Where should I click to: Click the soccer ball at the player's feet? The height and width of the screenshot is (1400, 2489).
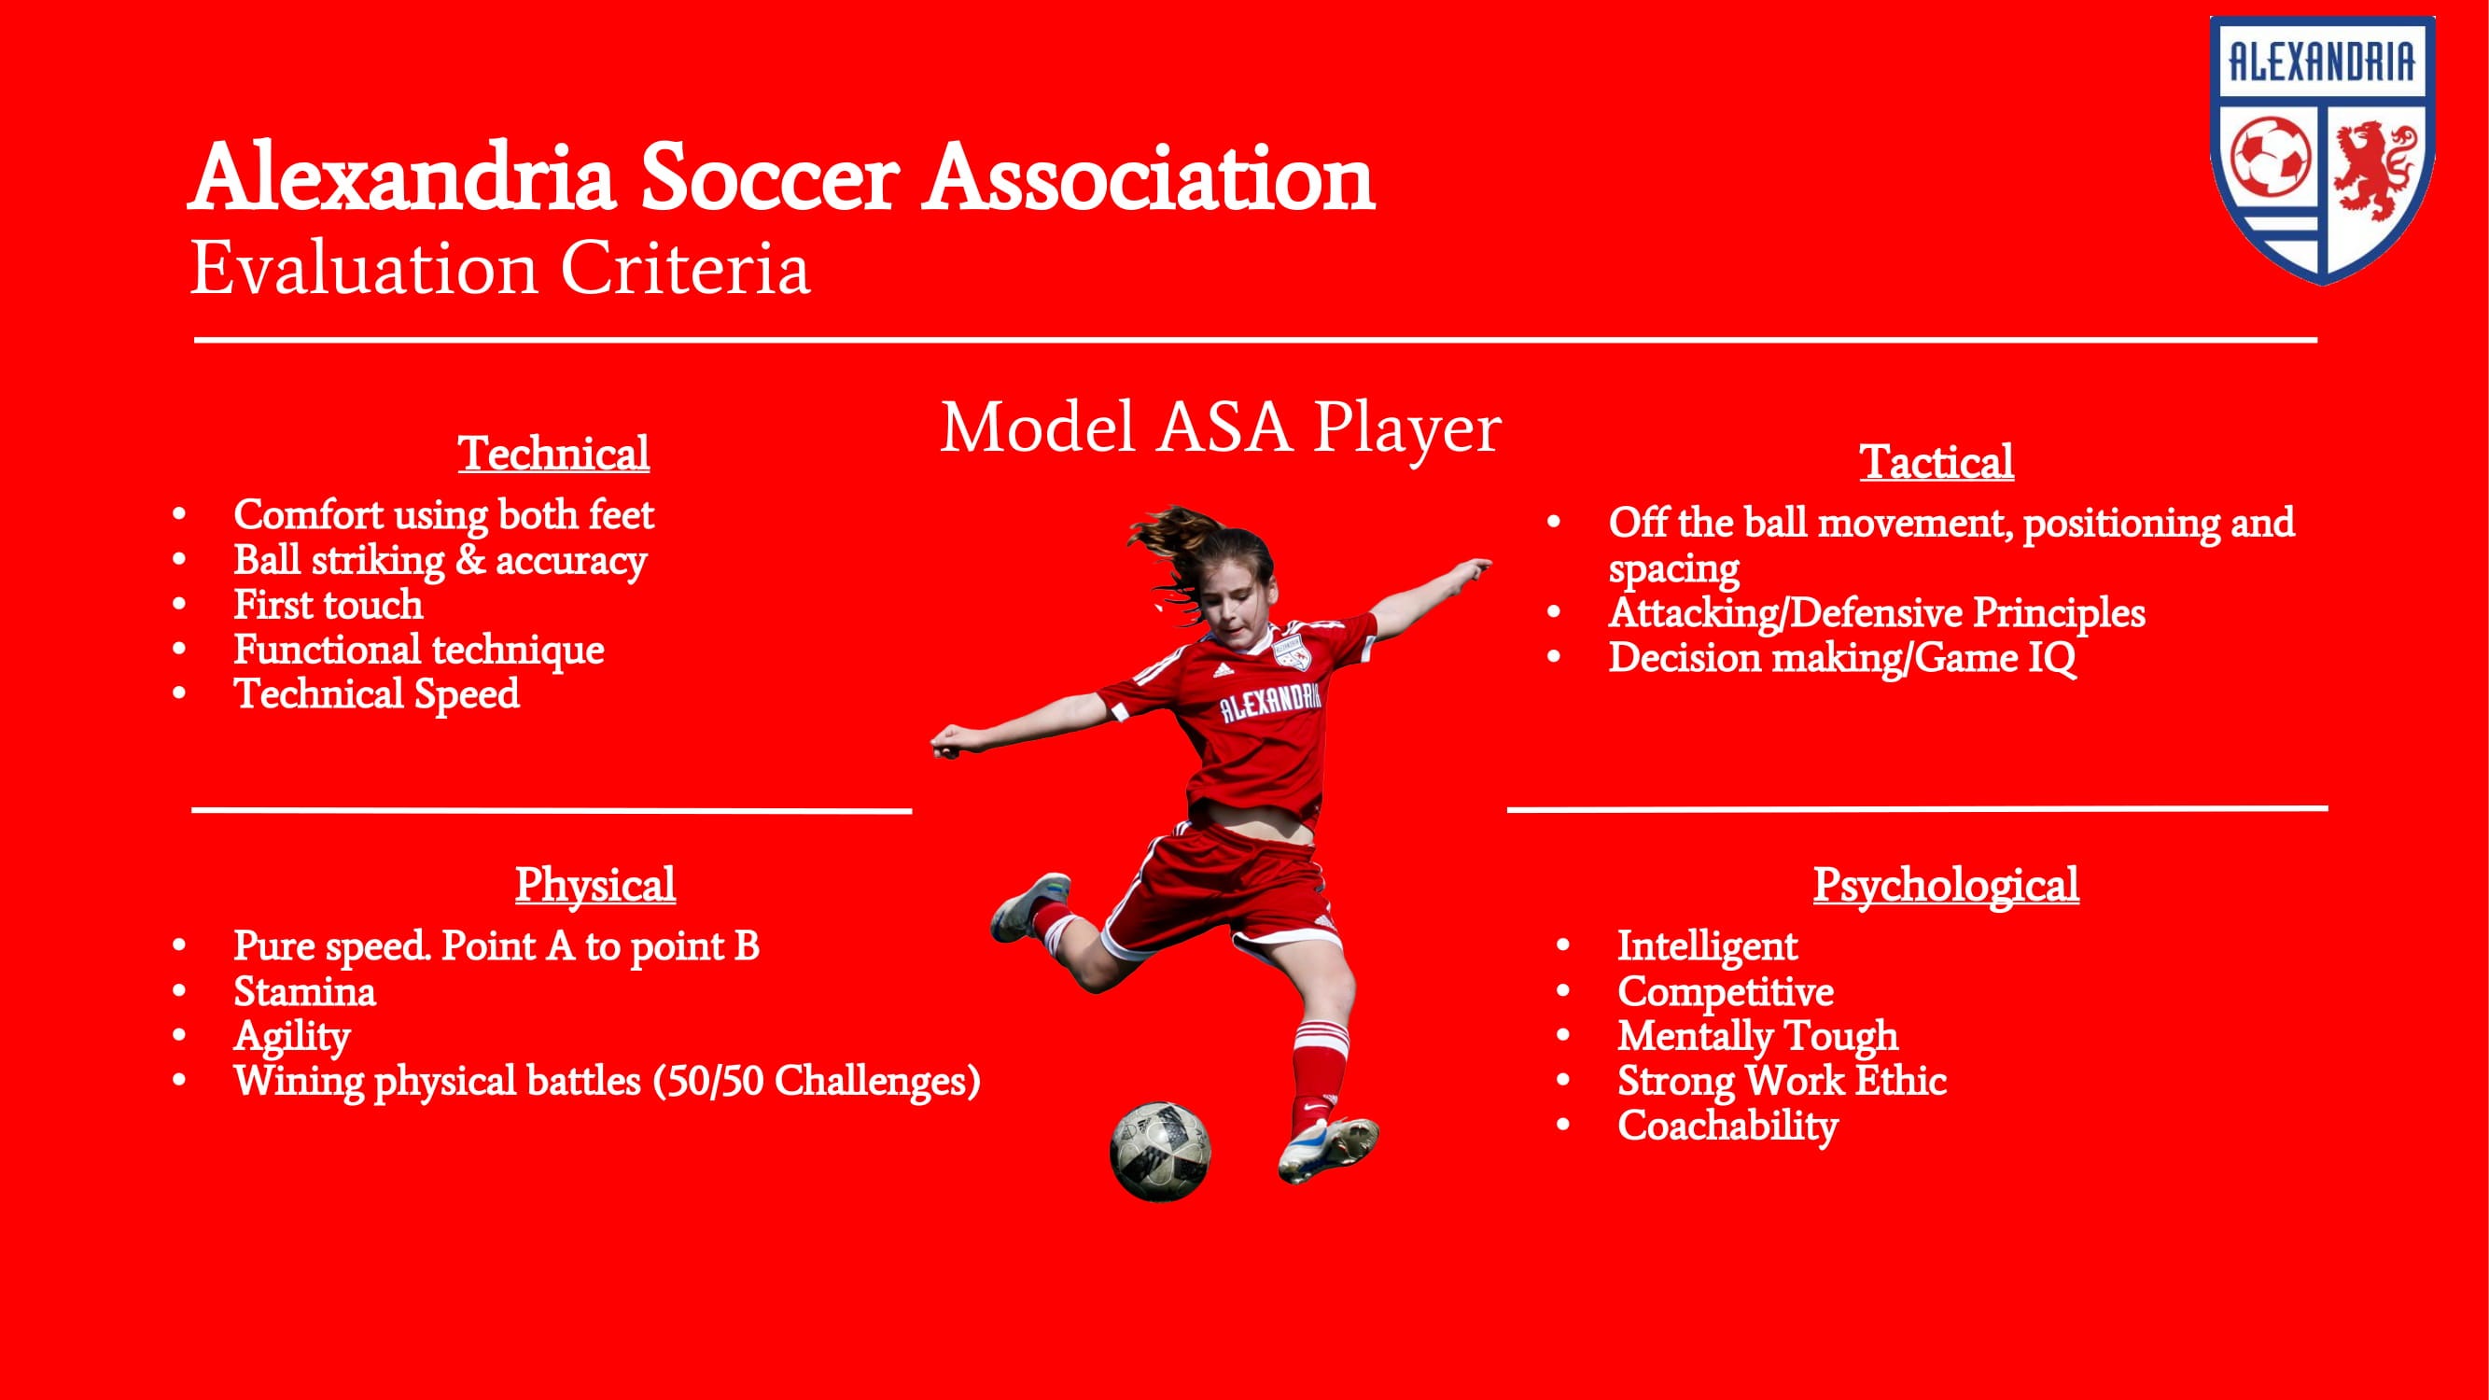1159,1151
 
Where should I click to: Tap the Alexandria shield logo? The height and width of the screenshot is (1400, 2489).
2322,149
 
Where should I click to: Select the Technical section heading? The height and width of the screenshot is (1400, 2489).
552,454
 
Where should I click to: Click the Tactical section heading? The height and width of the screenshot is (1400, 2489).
1937,461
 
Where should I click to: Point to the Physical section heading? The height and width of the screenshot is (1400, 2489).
594,884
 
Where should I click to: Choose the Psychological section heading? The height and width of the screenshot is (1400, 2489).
1945,884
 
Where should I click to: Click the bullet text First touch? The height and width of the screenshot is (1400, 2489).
328,605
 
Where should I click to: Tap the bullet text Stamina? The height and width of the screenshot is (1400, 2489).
304,991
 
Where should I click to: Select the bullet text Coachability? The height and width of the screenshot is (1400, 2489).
1727,1126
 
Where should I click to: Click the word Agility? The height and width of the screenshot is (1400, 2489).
292,1036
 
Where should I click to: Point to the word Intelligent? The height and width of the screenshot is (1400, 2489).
1707,945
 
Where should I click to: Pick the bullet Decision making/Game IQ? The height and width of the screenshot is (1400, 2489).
1841,658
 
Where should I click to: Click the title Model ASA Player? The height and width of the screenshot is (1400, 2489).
1221,427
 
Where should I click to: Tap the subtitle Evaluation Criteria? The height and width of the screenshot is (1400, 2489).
499,269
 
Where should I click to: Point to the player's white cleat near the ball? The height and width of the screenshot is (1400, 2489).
1330,1149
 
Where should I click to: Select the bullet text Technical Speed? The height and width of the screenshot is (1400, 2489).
376,694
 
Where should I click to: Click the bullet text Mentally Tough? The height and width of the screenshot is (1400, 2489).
1757,1036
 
